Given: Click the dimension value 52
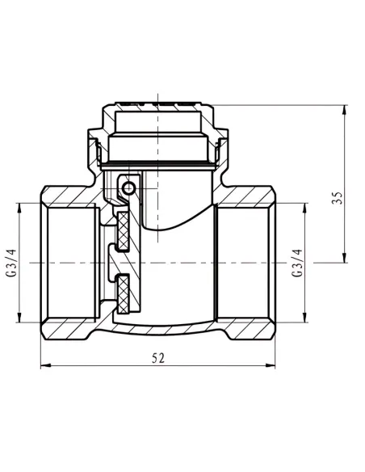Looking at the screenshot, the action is click(x=158, y=358).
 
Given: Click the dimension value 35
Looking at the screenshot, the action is click(x=338, y=198).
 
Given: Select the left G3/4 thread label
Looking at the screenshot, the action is click(x=11, y=263).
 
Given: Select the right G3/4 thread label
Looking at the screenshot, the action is click(x=297, y=263).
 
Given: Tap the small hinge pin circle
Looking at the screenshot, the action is click(x=128, y=188).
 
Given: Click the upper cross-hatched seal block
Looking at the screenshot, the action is click(x=123, y=231).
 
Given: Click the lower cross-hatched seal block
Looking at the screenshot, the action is click(x=123, y=294).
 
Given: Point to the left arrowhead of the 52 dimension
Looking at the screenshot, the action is click(x=44, y=366).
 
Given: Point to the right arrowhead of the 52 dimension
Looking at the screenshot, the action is click(x=271, y=366).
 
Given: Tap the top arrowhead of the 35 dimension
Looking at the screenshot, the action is click(x=344, y=110).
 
